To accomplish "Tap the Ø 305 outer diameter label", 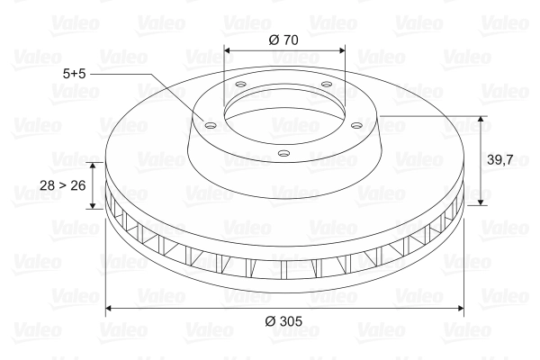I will [x=284, y=321].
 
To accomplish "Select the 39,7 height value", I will [x=500, y=159].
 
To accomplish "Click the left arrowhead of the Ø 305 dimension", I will [x=110, y=309].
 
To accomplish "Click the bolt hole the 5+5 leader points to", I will [x=210, y=126].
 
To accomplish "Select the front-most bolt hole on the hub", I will [x=283, y=153].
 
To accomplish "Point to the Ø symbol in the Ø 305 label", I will [x=270, y=321].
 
